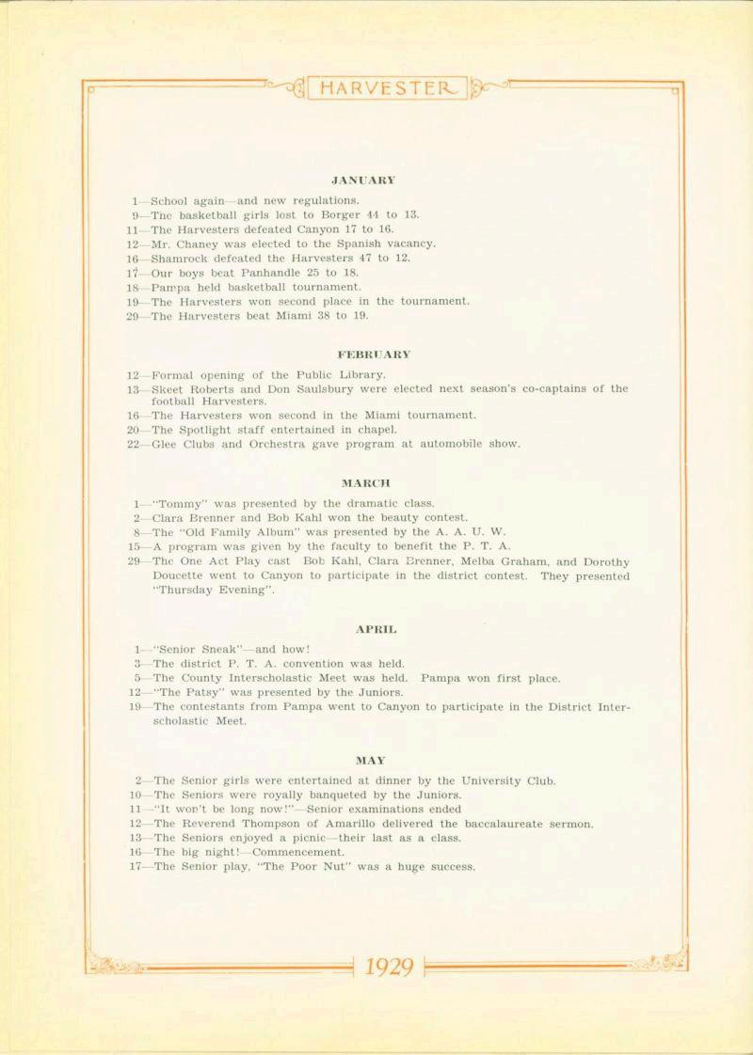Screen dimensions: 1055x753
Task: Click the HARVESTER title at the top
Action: coord(387,89)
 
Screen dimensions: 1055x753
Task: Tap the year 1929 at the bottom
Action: coord(389,966)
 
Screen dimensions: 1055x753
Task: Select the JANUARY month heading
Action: coord(363,179)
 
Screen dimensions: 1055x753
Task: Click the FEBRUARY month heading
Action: coord(374,354)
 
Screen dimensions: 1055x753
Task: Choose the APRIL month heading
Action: coord(376,628)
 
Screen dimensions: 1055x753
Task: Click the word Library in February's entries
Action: coord(359,374)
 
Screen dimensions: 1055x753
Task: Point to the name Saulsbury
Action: coord(321,388)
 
